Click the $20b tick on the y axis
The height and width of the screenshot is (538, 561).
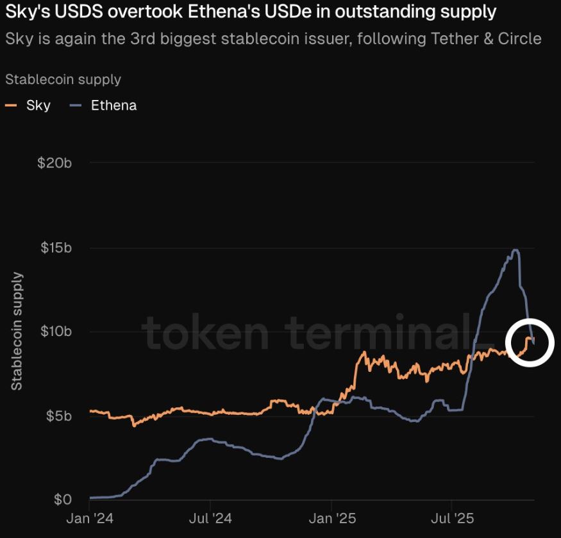(x=54, y=163)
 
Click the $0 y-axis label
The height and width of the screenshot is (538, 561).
(x=63, y=500)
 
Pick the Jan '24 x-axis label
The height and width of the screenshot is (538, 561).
(x=90, y=517)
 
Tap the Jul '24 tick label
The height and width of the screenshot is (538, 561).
(x=210, y=517)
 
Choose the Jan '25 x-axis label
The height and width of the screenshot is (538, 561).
(x=331, y=517)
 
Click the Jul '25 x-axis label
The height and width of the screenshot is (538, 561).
(x=451, y=517)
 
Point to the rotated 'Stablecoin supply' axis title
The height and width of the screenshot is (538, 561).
(x=17, y=331)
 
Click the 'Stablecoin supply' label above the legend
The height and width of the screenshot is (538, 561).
(x=63, y=80)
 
